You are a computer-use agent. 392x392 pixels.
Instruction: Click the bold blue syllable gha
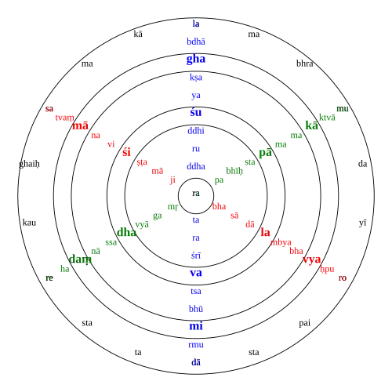[196, 59]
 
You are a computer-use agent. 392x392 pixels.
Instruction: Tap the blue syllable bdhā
[196, 42]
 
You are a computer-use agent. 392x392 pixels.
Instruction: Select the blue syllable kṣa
[196, 78]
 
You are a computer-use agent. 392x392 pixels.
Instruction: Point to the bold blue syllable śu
[196, 112]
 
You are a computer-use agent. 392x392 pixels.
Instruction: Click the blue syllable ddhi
[196, 131]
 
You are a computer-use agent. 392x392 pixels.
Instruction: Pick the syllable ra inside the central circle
[196, 194]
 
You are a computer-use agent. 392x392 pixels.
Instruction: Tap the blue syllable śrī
[196, 256]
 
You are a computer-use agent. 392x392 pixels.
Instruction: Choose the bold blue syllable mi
[196, 326]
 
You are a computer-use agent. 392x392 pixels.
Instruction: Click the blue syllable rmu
[196, 345]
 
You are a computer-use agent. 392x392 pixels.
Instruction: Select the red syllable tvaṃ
[64, 118]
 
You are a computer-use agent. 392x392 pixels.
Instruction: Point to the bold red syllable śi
[126, 152]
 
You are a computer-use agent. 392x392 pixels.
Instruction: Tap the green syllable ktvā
[327, 118]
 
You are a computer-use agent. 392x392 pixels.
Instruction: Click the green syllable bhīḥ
[234, 171]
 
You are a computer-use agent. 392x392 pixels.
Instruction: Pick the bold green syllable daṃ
[80, 260]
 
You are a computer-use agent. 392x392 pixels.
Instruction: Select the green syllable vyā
[142, 224]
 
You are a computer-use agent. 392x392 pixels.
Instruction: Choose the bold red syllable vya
[311, 260]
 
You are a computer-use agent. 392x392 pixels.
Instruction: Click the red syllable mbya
[281, 242]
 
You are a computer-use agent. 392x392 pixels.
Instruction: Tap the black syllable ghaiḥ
[29, 164]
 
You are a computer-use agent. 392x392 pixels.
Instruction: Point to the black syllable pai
[304, 323]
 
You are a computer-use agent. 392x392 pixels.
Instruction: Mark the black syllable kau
[29, 223]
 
